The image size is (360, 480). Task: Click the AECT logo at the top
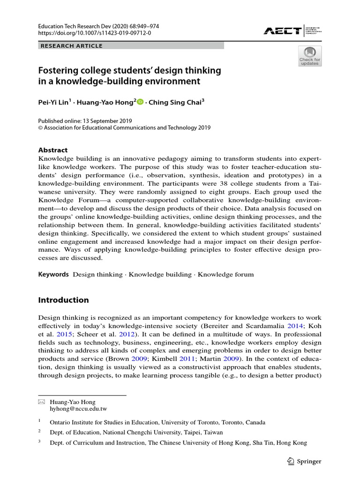[x=282, y=31]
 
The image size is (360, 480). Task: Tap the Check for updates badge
[x=310, y=56]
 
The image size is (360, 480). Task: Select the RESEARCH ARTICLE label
[x=72, y=45]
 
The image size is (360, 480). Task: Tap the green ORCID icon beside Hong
[x=140, y=102]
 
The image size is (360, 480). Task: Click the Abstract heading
[x=52, y=150]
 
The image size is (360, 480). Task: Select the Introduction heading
[x=63, y=300]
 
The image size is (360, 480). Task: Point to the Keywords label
[x=53, y=274]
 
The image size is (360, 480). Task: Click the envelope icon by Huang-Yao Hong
[x=41, y=402]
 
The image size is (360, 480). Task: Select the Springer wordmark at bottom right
[x=309, y=461]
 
